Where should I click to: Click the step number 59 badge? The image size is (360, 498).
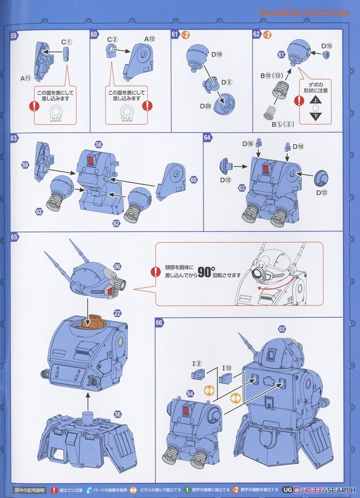(14, 36)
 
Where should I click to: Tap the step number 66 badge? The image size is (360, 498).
(159, 322)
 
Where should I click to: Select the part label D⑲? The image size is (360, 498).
(216, 54)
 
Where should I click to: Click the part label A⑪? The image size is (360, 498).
(25, 78)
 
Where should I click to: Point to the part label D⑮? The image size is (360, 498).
(326, 46)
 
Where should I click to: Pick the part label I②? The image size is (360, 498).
(196, 364)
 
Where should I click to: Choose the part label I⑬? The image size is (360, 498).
(227, 368)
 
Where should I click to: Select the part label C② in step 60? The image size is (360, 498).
(113, 39)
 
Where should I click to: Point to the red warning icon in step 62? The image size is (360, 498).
(299, 101)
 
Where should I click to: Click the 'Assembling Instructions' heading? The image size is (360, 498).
(304, 12)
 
